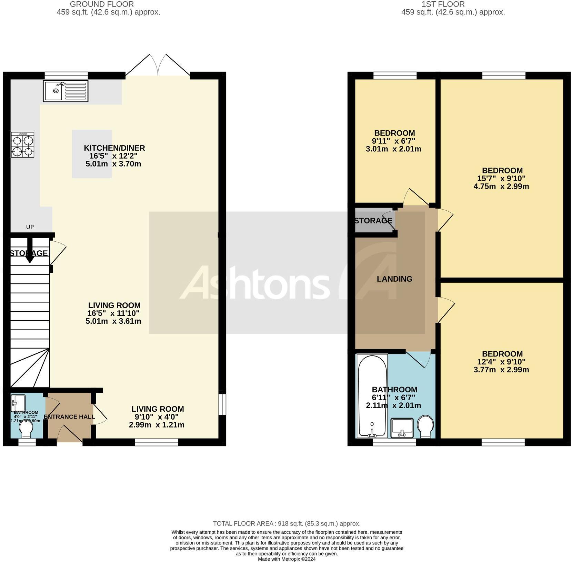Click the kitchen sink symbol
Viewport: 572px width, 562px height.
pos(66,91)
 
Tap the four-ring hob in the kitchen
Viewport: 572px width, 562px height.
pos(22,145)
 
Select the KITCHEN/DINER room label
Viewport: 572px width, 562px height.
pos(114,148)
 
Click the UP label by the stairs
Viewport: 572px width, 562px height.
pos(30,227)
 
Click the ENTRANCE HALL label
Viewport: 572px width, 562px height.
pos(69,417)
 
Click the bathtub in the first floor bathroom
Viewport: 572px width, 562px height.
pos(372,395)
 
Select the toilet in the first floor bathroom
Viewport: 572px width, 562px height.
pos(425,426)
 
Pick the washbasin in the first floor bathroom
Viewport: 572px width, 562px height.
pos(402,428)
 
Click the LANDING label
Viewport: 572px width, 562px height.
pos(394,279)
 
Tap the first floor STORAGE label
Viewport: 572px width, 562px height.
pos(373,221)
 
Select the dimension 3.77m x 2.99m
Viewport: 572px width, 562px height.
pos(501,370)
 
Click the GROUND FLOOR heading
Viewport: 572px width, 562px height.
pos(102,4)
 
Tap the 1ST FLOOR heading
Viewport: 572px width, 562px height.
pos(443,4)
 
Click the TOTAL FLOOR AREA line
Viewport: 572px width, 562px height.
pos(287,523)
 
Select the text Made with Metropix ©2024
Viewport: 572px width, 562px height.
pos(287,559)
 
